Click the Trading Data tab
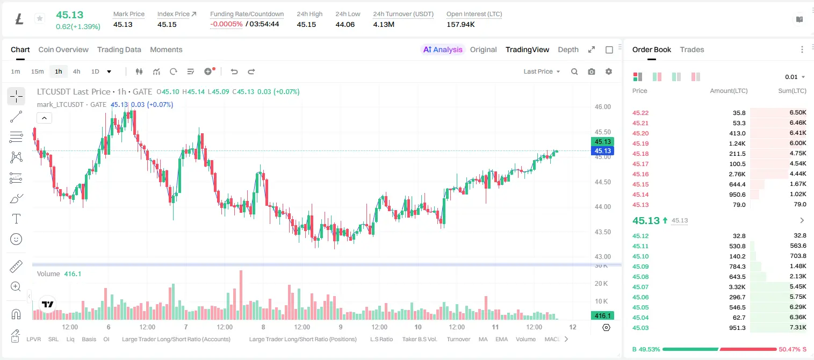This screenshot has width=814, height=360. pyautogui.click(x=119, y=49)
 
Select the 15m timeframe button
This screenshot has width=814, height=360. pyautogui.click(x=37, y=71)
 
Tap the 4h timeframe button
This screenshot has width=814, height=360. pyautogui.click(x=76, y=71)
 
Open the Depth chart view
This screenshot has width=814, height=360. pyautogui.click(x=568, y=49)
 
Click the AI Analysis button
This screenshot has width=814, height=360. pyautogui.click(x=443, y=49)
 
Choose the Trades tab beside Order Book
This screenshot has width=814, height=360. pyautogui.click(x=692, y=49)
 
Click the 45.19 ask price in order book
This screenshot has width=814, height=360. pyautogui.click(x=640, y=143)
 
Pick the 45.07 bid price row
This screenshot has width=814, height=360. pyautogui.click(x=640, y=287)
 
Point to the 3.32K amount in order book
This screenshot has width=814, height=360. pyautogui.click(x=737, y=287)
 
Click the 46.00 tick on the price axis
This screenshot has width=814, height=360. pyautogui.click(x=602, y=107)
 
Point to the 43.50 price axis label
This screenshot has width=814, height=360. pyautogui.click(x=602, y=232)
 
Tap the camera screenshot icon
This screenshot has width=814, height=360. pyautogui.click(x=592, y=71)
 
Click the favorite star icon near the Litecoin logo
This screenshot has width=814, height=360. pyautogui.click(x=40, y=18)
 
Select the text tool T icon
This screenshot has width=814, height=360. pyautogui.click(x=16, y=219)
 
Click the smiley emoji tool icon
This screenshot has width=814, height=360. pyautogui.click(x=16, y=239)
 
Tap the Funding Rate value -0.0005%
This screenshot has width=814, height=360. pyautogui.click(x=226, y=24)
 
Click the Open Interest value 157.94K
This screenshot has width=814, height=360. pyautogui.click(x=460, y=24)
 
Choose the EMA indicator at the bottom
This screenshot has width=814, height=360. pyautogui.click(x=501, y=339)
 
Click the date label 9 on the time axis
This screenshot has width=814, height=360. pyautogui.click(x=341, y=327)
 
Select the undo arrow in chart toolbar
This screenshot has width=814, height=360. pyautogui.click(x=234, y=71)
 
